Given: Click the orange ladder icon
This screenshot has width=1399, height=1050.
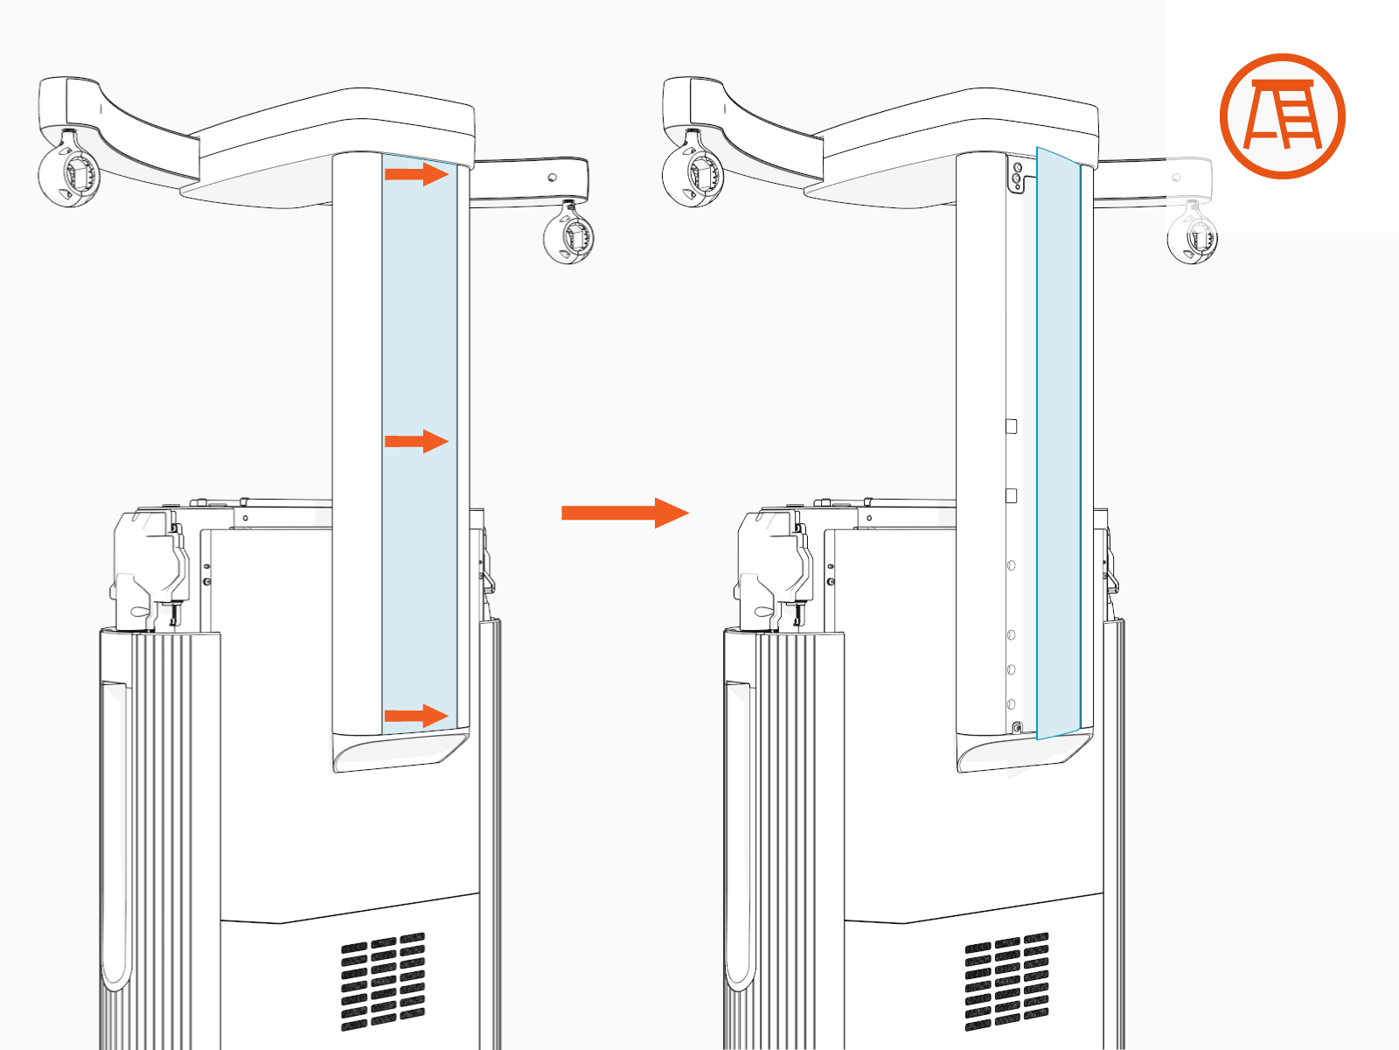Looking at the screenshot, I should (1282, 116).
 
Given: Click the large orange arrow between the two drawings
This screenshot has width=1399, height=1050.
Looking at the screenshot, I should (624, 513).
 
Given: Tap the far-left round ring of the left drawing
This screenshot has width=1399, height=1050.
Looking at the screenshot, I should (69, 174).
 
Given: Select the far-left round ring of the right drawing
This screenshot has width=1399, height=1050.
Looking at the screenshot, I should (693, 174).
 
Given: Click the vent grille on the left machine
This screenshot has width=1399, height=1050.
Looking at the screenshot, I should (383, 981).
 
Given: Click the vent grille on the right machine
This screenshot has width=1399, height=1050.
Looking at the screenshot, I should (1006, 981).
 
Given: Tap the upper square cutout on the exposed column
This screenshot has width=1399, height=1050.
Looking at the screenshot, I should (1012, 426).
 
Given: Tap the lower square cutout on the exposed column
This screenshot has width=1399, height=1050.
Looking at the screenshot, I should (1012, 495).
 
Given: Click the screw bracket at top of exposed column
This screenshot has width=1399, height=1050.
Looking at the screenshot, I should (1017, 176).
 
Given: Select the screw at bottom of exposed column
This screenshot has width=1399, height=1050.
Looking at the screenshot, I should (1016, 728).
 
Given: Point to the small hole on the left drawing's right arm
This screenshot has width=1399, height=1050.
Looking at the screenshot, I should (552, 177).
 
